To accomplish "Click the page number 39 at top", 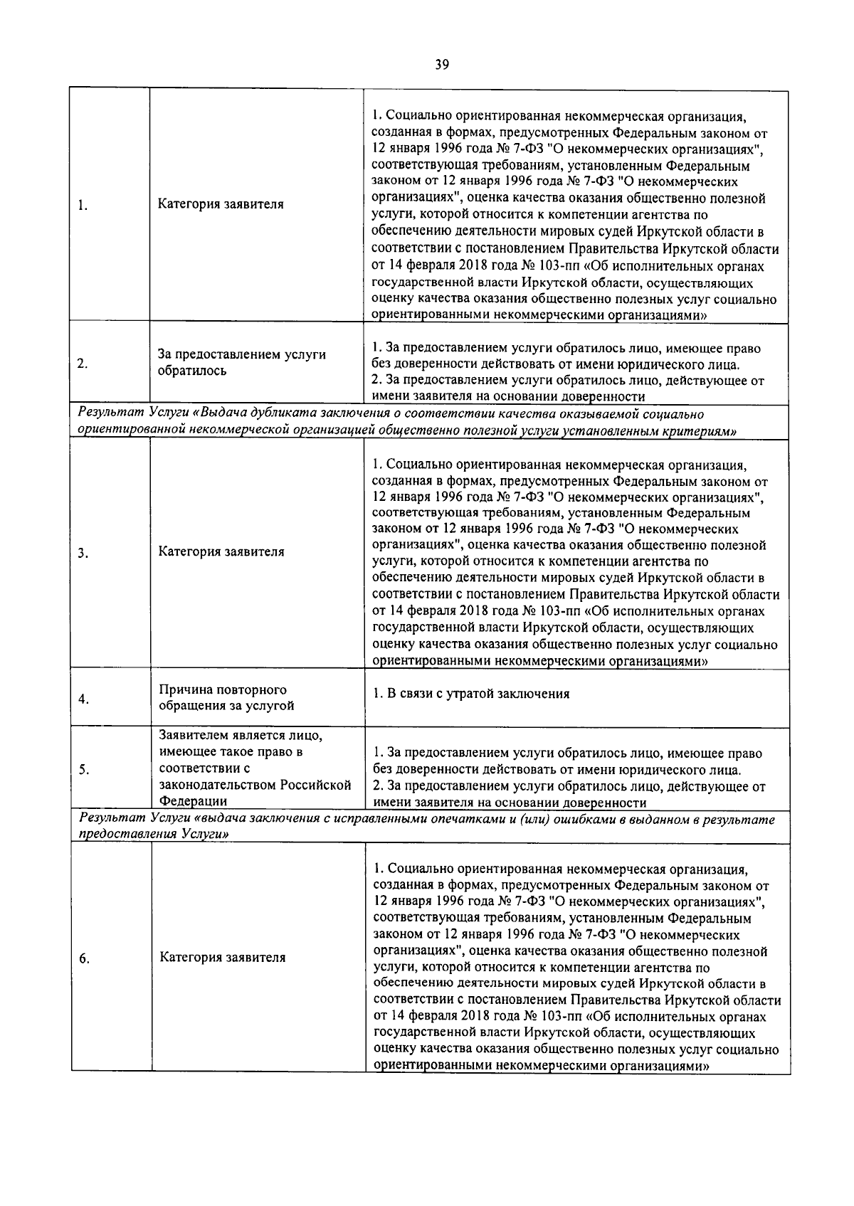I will click(441, 65).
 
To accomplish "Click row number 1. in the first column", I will click(83, 206).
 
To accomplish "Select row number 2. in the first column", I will click(83, 364).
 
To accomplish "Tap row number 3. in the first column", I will click(83, 554).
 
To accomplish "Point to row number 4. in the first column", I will click(83, 699).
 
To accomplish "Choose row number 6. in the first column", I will click(84, 958).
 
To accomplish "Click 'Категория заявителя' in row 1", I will click(220, 204).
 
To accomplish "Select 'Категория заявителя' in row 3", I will click(221, 551).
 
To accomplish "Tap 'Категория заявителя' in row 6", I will click(222, 957).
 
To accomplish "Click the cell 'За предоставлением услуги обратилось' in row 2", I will click(241, 362).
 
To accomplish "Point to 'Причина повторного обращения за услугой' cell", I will click(226, 698).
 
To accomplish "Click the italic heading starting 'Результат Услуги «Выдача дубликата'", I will click(406, 422).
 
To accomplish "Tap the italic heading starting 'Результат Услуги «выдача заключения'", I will click(427, 827).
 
